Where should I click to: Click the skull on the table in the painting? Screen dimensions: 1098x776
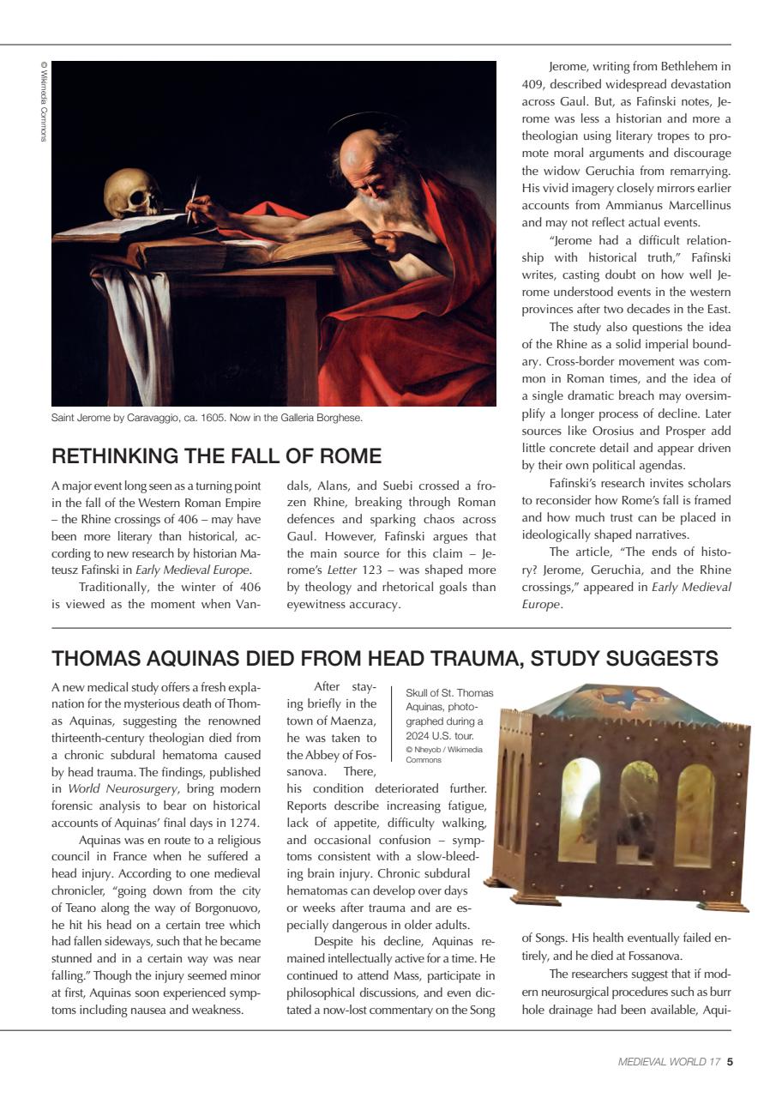click(x=134, y=193)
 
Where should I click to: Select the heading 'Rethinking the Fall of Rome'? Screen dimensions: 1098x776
click(x=216, y=455)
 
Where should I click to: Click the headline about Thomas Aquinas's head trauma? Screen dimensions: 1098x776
click(x=385, y=658)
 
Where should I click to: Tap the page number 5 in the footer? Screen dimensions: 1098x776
click(x=729, y=1061)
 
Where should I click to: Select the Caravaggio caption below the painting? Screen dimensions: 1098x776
click(x=207, y=419)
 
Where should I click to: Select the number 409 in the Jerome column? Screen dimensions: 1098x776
click(x=532, y=84)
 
